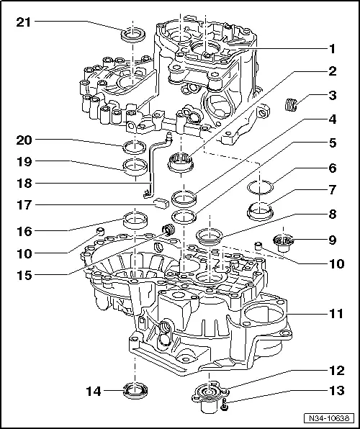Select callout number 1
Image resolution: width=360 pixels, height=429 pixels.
(333, 95)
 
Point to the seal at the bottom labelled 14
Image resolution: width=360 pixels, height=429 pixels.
(135, 391)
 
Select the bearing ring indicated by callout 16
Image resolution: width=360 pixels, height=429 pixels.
(134, 218)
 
